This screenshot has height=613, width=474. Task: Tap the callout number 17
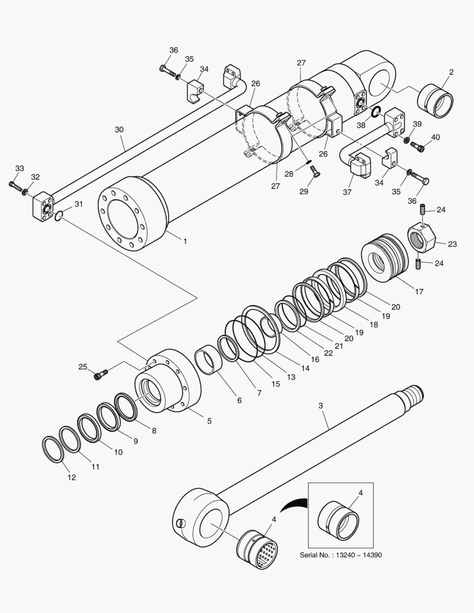(419, 292)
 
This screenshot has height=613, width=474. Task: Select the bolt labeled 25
(102, 373)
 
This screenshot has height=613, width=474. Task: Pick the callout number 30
(119, 129)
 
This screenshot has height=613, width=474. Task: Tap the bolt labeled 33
(15, 185)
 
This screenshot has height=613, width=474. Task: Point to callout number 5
(209, 421)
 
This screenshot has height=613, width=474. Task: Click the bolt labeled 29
(316, 175)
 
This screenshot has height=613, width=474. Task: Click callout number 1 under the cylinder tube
(184, 241)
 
